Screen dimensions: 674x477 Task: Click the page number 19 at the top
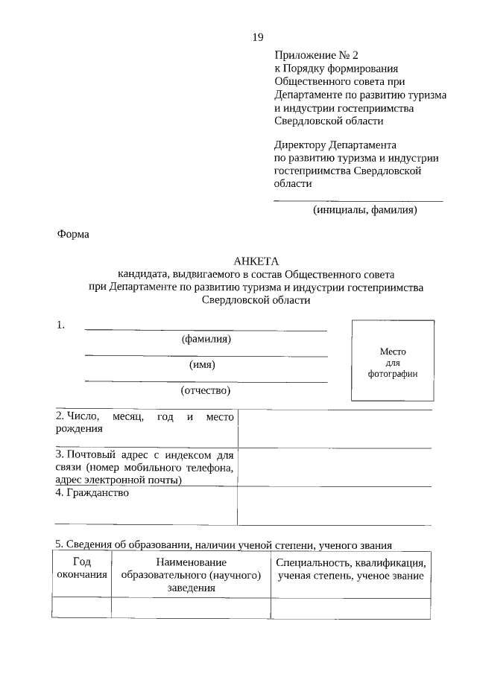(258, 38)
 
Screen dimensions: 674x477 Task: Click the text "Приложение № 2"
(316, 55)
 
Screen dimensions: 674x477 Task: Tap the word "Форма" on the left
(73, 235)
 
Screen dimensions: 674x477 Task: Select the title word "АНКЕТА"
(256, 261)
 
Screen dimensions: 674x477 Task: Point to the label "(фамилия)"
(206, 339)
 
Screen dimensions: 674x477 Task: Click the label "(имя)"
(203, 364)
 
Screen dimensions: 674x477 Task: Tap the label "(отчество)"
(206, 390)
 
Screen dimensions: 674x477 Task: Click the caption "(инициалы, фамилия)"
(364, 209)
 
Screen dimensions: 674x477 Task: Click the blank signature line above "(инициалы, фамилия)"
(358, 199)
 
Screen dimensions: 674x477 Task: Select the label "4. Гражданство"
(92, 493)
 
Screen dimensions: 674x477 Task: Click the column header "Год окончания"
(81, 569)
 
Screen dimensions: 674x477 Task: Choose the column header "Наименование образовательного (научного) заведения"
(191, 575)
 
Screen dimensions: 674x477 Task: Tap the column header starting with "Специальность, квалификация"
(350, 569)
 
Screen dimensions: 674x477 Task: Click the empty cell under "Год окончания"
(81, 608)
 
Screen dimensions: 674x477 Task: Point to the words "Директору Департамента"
(335, 144)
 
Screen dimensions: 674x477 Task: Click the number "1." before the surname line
(60, 325)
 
